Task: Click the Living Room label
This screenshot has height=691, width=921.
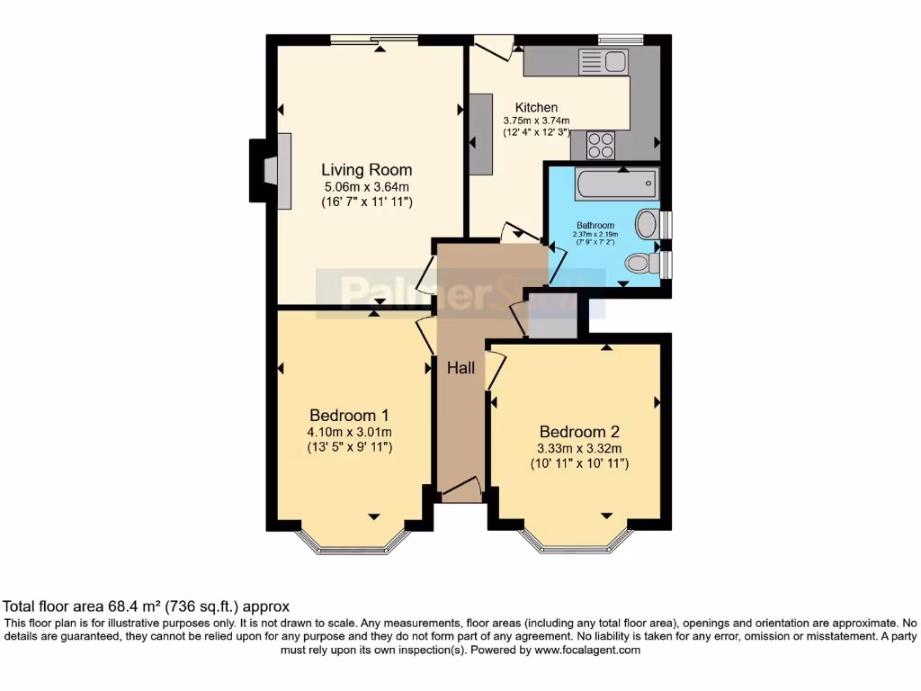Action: [367, 169]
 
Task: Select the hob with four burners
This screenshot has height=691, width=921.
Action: [601, 144]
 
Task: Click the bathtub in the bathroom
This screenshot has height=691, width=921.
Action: [617, 184]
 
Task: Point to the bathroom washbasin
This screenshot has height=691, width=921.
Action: [647, 224]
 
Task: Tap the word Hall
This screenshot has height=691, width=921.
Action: [461, 367]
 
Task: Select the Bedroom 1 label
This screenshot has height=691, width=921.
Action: [349, 416]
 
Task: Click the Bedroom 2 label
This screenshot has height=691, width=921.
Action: [579, 432]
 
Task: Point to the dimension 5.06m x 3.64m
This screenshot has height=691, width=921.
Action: [367, 186]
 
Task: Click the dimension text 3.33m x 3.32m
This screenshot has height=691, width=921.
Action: [579, 448]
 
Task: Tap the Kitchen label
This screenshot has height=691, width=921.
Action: [536, 107]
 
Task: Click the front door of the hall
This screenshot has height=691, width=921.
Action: [460, 491]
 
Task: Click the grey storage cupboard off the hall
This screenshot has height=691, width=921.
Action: [551, 316]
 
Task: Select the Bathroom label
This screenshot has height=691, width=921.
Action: [595, 225]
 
